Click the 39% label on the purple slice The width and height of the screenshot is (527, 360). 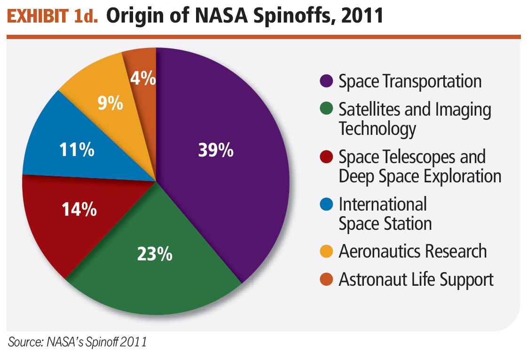[x=215, y=150]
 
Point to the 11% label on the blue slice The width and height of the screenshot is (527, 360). [x=77, y=150]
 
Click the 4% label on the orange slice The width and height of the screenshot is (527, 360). [x=143, y=78]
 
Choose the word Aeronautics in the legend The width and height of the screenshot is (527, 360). [x=377, y=251]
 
